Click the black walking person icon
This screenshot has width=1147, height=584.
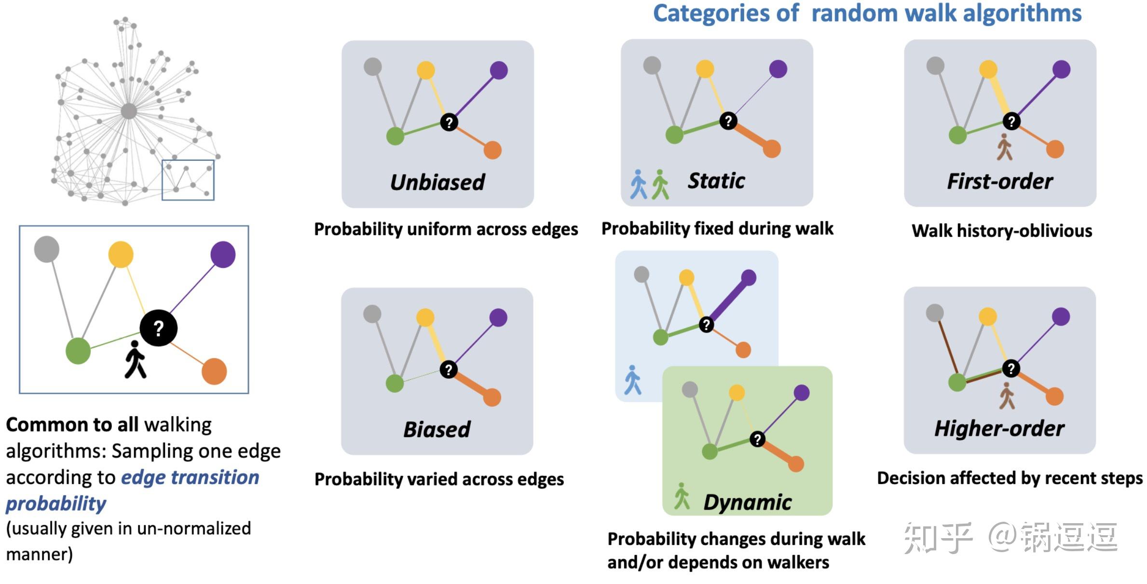[136, 360]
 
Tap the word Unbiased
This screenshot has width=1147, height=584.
[437, 182]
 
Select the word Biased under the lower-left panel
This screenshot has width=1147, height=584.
[437, 430]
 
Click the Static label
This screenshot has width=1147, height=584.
[716, 181]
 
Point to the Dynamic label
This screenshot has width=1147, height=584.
[748, 502]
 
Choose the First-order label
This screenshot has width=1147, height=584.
[1000, 181]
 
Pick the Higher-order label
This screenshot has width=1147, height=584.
[999, 429]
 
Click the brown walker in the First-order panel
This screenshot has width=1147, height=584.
[1005, 147]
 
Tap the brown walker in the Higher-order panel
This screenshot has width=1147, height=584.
[1007, 396]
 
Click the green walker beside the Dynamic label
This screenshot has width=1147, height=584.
[682, 496]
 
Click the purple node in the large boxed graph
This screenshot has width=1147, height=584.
[223, 254]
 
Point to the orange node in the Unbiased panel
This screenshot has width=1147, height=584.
[492, 150]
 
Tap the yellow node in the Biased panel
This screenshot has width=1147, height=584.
[425, 318]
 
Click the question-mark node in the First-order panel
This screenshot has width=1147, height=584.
[1011, 121]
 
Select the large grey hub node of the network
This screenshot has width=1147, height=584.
[129, 111]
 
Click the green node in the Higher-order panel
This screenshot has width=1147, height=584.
[957, 383]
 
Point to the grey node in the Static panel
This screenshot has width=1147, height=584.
[652, 66]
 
